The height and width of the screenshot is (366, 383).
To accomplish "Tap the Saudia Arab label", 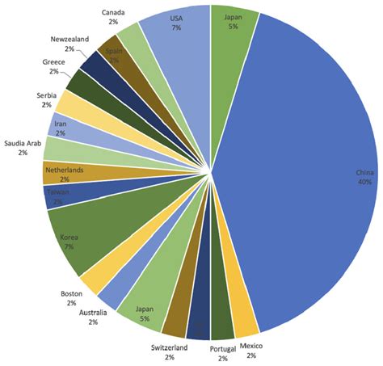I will click(x=22, y=142).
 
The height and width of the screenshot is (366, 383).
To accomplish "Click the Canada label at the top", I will click(x=114, y=12).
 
